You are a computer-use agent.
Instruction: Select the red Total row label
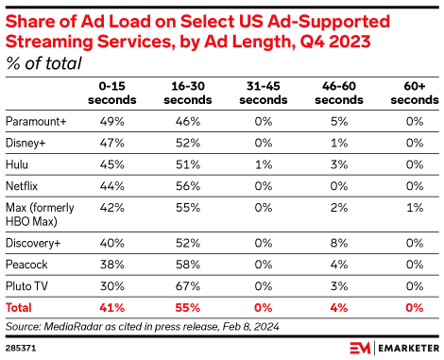(20, 307)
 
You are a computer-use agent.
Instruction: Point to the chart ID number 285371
(22, 348)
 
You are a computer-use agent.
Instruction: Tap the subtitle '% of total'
(43, 63)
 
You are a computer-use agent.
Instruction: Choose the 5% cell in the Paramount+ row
(327, 122)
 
